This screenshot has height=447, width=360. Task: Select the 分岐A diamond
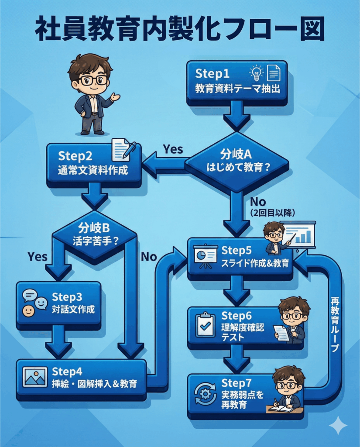(x=237, y=162)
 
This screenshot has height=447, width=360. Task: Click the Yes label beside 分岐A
(x=173, y=149)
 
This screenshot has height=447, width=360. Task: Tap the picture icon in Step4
(x=35, y=377)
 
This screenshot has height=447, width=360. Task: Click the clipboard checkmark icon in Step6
(x=205, y=325)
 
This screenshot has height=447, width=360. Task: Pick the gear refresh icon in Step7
(x=205, y=393)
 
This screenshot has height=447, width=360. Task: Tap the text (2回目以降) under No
(x=273, y=213)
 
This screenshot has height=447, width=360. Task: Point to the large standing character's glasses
(x=93, y=80)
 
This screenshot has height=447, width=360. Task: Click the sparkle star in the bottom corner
(x=339, y=426)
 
